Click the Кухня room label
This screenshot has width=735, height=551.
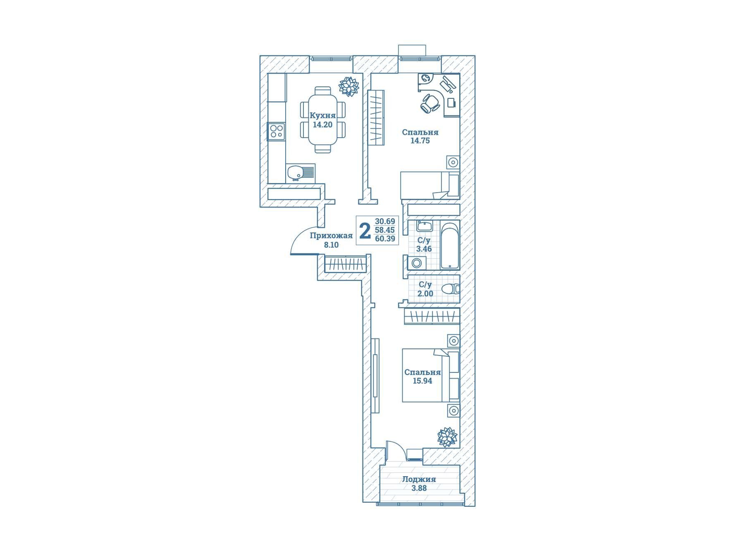322,116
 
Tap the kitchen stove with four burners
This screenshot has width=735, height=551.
277,131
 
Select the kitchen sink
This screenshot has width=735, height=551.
301,173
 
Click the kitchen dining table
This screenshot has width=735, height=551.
322,120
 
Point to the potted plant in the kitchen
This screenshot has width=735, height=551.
348,86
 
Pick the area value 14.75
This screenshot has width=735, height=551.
420,141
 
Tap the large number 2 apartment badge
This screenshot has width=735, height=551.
365,231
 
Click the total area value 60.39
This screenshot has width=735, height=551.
385,239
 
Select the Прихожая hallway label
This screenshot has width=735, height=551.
331,236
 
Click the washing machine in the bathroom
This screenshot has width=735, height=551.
417,263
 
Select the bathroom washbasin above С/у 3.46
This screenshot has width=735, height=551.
424,226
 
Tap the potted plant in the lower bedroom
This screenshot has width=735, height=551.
447,437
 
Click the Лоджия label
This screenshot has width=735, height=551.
419,479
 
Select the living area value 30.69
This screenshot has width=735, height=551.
385,221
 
